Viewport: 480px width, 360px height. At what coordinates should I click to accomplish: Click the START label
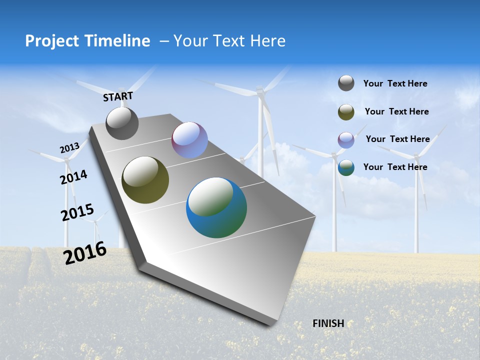pos(118,96)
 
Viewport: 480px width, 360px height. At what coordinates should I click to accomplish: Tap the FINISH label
pos(328,323)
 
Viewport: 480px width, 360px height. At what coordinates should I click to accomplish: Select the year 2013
pos(69,148)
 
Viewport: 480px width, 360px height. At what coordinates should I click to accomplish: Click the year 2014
pos(74,177)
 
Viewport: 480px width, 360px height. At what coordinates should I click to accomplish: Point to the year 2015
pos(77,213)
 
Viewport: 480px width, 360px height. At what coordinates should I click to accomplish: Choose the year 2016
pos(85,253)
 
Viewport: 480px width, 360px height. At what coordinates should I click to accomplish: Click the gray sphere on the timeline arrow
pos(122,123)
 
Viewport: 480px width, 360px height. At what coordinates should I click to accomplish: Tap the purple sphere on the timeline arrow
pos(189,140)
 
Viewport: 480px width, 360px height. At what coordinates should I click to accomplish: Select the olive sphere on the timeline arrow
pos(145,180)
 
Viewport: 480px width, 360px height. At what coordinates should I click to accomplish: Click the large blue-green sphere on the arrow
pos(216,207)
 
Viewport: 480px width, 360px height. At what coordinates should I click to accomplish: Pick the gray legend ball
pos(346,83)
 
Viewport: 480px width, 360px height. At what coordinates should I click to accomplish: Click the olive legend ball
pos(346,112)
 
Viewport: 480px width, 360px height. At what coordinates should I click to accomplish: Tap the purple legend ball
pos(346,140)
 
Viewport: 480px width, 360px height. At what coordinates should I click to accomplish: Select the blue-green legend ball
pos(346,167)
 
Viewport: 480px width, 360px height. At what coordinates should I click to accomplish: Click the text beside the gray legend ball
pos(395,83)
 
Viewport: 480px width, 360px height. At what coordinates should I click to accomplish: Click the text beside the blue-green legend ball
pos(395,167)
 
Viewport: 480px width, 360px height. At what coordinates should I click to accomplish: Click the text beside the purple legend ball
pos(397,139)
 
